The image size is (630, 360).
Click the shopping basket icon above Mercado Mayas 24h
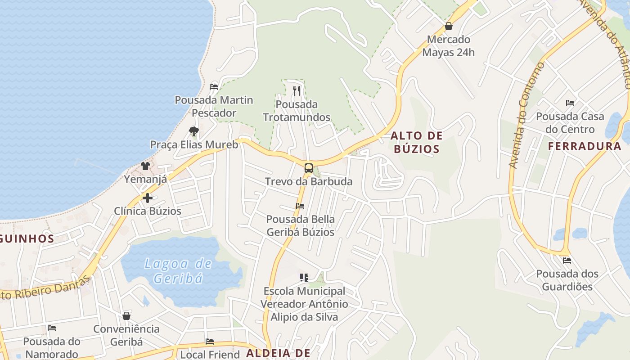448,27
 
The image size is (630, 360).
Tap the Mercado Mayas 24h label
448,46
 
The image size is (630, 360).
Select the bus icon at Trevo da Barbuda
308,168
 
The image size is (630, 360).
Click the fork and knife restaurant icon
296,90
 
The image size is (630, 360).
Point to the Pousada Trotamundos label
297,111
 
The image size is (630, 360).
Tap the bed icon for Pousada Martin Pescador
214,86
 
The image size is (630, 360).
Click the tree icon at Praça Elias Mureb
194,131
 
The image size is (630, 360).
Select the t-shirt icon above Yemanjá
145,166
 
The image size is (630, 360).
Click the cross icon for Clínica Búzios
147,198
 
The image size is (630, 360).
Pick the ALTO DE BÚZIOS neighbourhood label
416,142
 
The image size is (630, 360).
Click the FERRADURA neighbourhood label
585,146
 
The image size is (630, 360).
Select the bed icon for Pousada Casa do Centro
570,103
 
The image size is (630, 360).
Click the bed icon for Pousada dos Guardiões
567,260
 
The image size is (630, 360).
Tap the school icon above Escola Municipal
304,278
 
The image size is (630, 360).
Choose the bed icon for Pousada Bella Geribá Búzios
300,206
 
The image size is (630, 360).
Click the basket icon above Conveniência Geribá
126,316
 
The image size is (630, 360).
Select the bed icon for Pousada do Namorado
52,328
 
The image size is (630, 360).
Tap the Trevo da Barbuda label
308,182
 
